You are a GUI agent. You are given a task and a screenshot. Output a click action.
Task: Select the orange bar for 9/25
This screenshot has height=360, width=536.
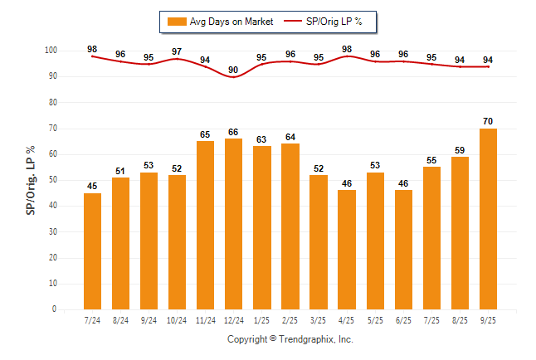489,218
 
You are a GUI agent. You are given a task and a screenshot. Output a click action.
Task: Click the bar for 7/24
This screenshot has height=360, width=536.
92,251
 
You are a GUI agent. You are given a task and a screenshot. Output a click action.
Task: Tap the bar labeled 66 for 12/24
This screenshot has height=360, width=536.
234,223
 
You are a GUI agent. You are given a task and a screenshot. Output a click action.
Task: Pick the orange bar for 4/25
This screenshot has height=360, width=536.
347,249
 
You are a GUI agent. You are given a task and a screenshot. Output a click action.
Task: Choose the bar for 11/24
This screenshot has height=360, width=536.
206,225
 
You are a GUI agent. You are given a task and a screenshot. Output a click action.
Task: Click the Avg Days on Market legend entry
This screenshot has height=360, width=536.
220,22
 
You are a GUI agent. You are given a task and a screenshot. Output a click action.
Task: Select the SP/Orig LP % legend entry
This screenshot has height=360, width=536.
329,22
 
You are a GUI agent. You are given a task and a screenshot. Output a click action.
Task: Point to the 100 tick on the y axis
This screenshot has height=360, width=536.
51,51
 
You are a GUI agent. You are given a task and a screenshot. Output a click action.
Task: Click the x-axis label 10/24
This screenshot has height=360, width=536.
177,321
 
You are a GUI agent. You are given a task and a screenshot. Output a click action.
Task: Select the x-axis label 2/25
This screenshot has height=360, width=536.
290,321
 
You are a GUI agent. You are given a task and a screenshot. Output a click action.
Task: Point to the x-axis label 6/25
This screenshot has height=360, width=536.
403,321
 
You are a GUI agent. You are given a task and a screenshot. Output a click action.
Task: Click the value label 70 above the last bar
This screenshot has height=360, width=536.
489,121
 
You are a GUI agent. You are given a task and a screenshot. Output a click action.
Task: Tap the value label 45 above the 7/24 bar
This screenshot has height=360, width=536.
92,186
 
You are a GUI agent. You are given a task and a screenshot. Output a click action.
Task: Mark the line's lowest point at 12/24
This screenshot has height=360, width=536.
234,76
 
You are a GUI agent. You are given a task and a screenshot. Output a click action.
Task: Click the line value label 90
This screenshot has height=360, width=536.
234,70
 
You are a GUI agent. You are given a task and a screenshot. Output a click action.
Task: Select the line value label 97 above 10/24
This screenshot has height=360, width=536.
177,51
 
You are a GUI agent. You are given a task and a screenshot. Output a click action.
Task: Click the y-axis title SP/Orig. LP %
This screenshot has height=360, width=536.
31,178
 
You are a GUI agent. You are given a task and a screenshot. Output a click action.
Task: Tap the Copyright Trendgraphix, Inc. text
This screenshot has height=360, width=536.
290,339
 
